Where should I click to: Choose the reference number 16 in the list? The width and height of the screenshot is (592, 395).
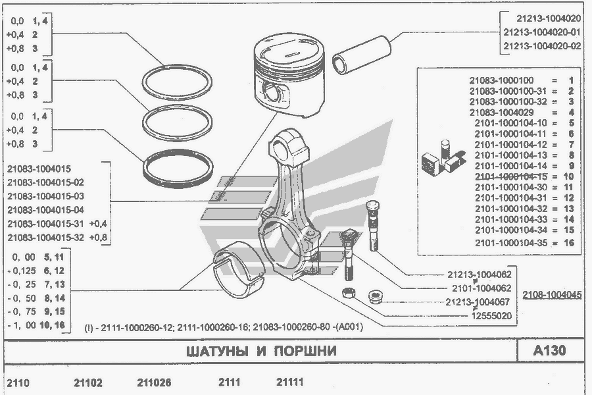569,243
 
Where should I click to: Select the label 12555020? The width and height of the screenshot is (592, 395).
489,316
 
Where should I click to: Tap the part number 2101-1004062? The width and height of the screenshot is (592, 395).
481,288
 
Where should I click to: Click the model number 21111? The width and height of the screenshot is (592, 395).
290,382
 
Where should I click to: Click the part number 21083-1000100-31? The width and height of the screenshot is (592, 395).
509,91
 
